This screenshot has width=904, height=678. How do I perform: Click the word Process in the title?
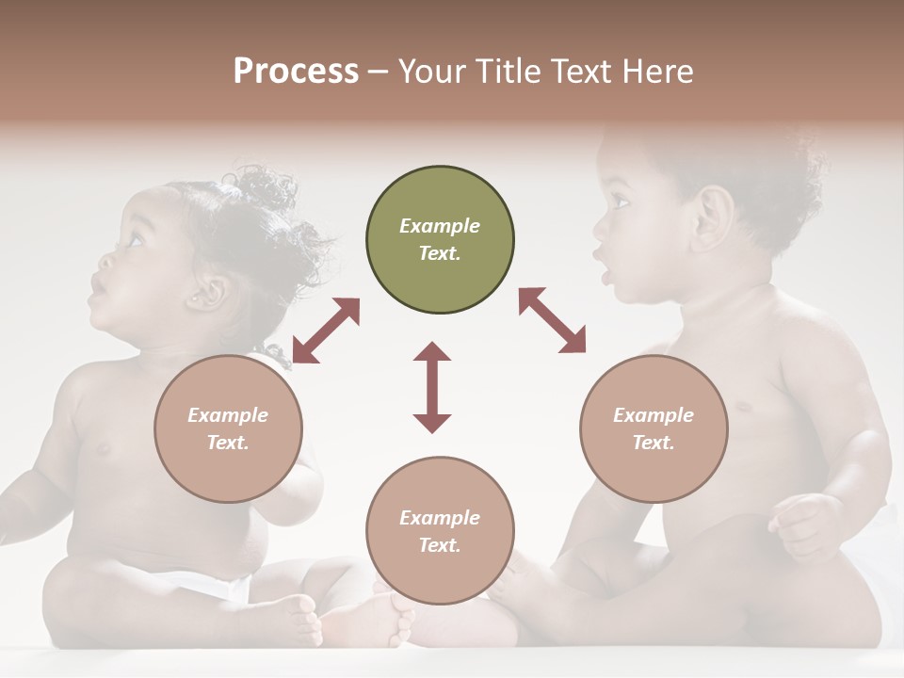(x=296, y=72)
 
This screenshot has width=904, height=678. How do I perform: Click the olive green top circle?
(x=440, y=239)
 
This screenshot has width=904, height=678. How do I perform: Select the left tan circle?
(x=228, y=428)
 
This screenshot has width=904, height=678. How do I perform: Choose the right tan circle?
(x=654, y=428)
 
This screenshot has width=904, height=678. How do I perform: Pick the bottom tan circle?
(x=440, y=531)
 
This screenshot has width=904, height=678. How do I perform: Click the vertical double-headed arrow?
(x=432, y=388)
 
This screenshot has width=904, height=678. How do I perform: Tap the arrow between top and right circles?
(x=552, y=320)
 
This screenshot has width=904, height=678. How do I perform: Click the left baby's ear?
(x=206, y=293)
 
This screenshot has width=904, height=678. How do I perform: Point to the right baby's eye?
(x=621, y=201)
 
